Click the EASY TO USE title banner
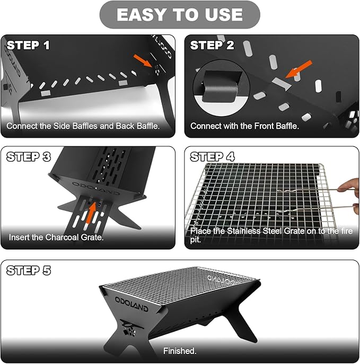[179, 15]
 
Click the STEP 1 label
[29, 46]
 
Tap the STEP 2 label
[212, 46]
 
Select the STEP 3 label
[29, 157]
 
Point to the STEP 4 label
[213, 157]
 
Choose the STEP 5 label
[29, 270]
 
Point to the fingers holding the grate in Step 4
[349, 185]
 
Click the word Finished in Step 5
[179, 351]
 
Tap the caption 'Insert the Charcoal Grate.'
[56, 237]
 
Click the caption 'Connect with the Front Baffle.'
[244, 126]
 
